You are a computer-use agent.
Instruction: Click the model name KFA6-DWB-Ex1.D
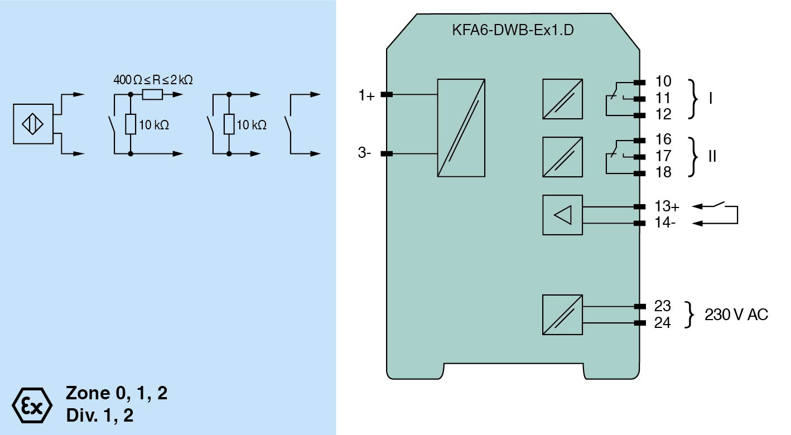(513, 31)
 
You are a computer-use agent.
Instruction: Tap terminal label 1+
(366, 95)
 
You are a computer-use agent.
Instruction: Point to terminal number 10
(663, 81)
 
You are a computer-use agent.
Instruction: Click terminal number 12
(663, 114)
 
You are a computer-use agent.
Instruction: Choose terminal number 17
(663, 156)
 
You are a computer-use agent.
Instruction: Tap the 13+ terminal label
(667, 206)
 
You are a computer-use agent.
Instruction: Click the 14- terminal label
(665, 224)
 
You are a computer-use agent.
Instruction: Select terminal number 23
(663, 306)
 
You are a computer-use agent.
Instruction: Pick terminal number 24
(663, 323)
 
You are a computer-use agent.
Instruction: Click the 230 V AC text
(736, 315)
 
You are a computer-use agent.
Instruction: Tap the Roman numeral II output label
(712, 156)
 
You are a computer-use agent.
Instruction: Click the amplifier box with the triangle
(562, 215)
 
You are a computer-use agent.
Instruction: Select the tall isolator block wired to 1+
(461, 128)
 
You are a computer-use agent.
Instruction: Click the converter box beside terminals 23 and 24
(562, 315)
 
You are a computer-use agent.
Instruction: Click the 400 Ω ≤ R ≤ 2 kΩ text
(153, 80)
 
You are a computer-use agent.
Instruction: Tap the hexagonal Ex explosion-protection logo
(32, 404)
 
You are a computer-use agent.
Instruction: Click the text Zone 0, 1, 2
(117, 394)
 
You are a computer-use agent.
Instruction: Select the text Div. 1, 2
(100, 415)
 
